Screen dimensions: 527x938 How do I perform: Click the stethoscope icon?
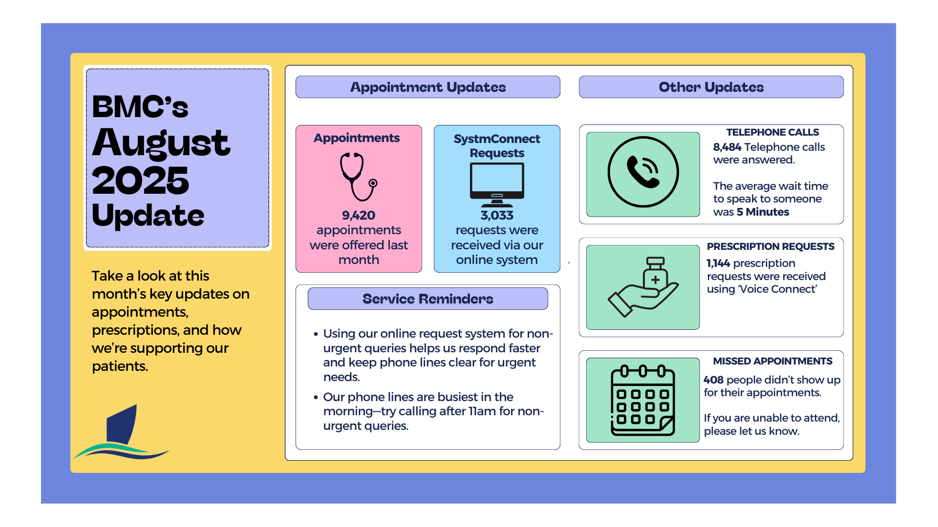359,177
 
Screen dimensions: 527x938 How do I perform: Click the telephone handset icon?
643,172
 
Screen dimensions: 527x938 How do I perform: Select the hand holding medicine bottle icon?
643,287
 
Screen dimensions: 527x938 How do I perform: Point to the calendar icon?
643,400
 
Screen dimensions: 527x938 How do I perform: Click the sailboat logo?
122,433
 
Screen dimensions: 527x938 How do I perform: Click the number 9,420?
359,215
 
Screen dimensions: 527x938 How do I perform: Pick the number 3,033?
497,215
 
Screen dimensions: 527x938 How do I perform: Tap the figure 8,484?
727,147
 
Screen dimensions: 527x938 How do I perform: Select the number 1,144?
718,263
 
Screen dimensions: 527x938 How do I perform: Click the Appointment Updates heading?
427,87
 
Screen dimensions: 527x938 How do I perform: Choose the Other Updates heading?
711,87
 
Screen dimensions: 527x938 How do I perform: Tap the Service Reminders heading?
427,299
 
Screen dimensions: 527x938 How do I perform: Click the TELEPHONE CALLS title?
772,132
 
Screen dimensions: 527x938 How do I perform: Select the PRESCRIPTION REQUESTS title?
770,246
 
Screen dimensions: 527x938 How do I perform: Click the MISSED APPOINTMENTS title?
772,361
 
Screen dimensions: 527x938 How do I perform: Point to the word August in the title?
161,143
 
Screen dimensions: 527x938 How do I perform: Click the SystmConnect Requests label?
497,145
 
